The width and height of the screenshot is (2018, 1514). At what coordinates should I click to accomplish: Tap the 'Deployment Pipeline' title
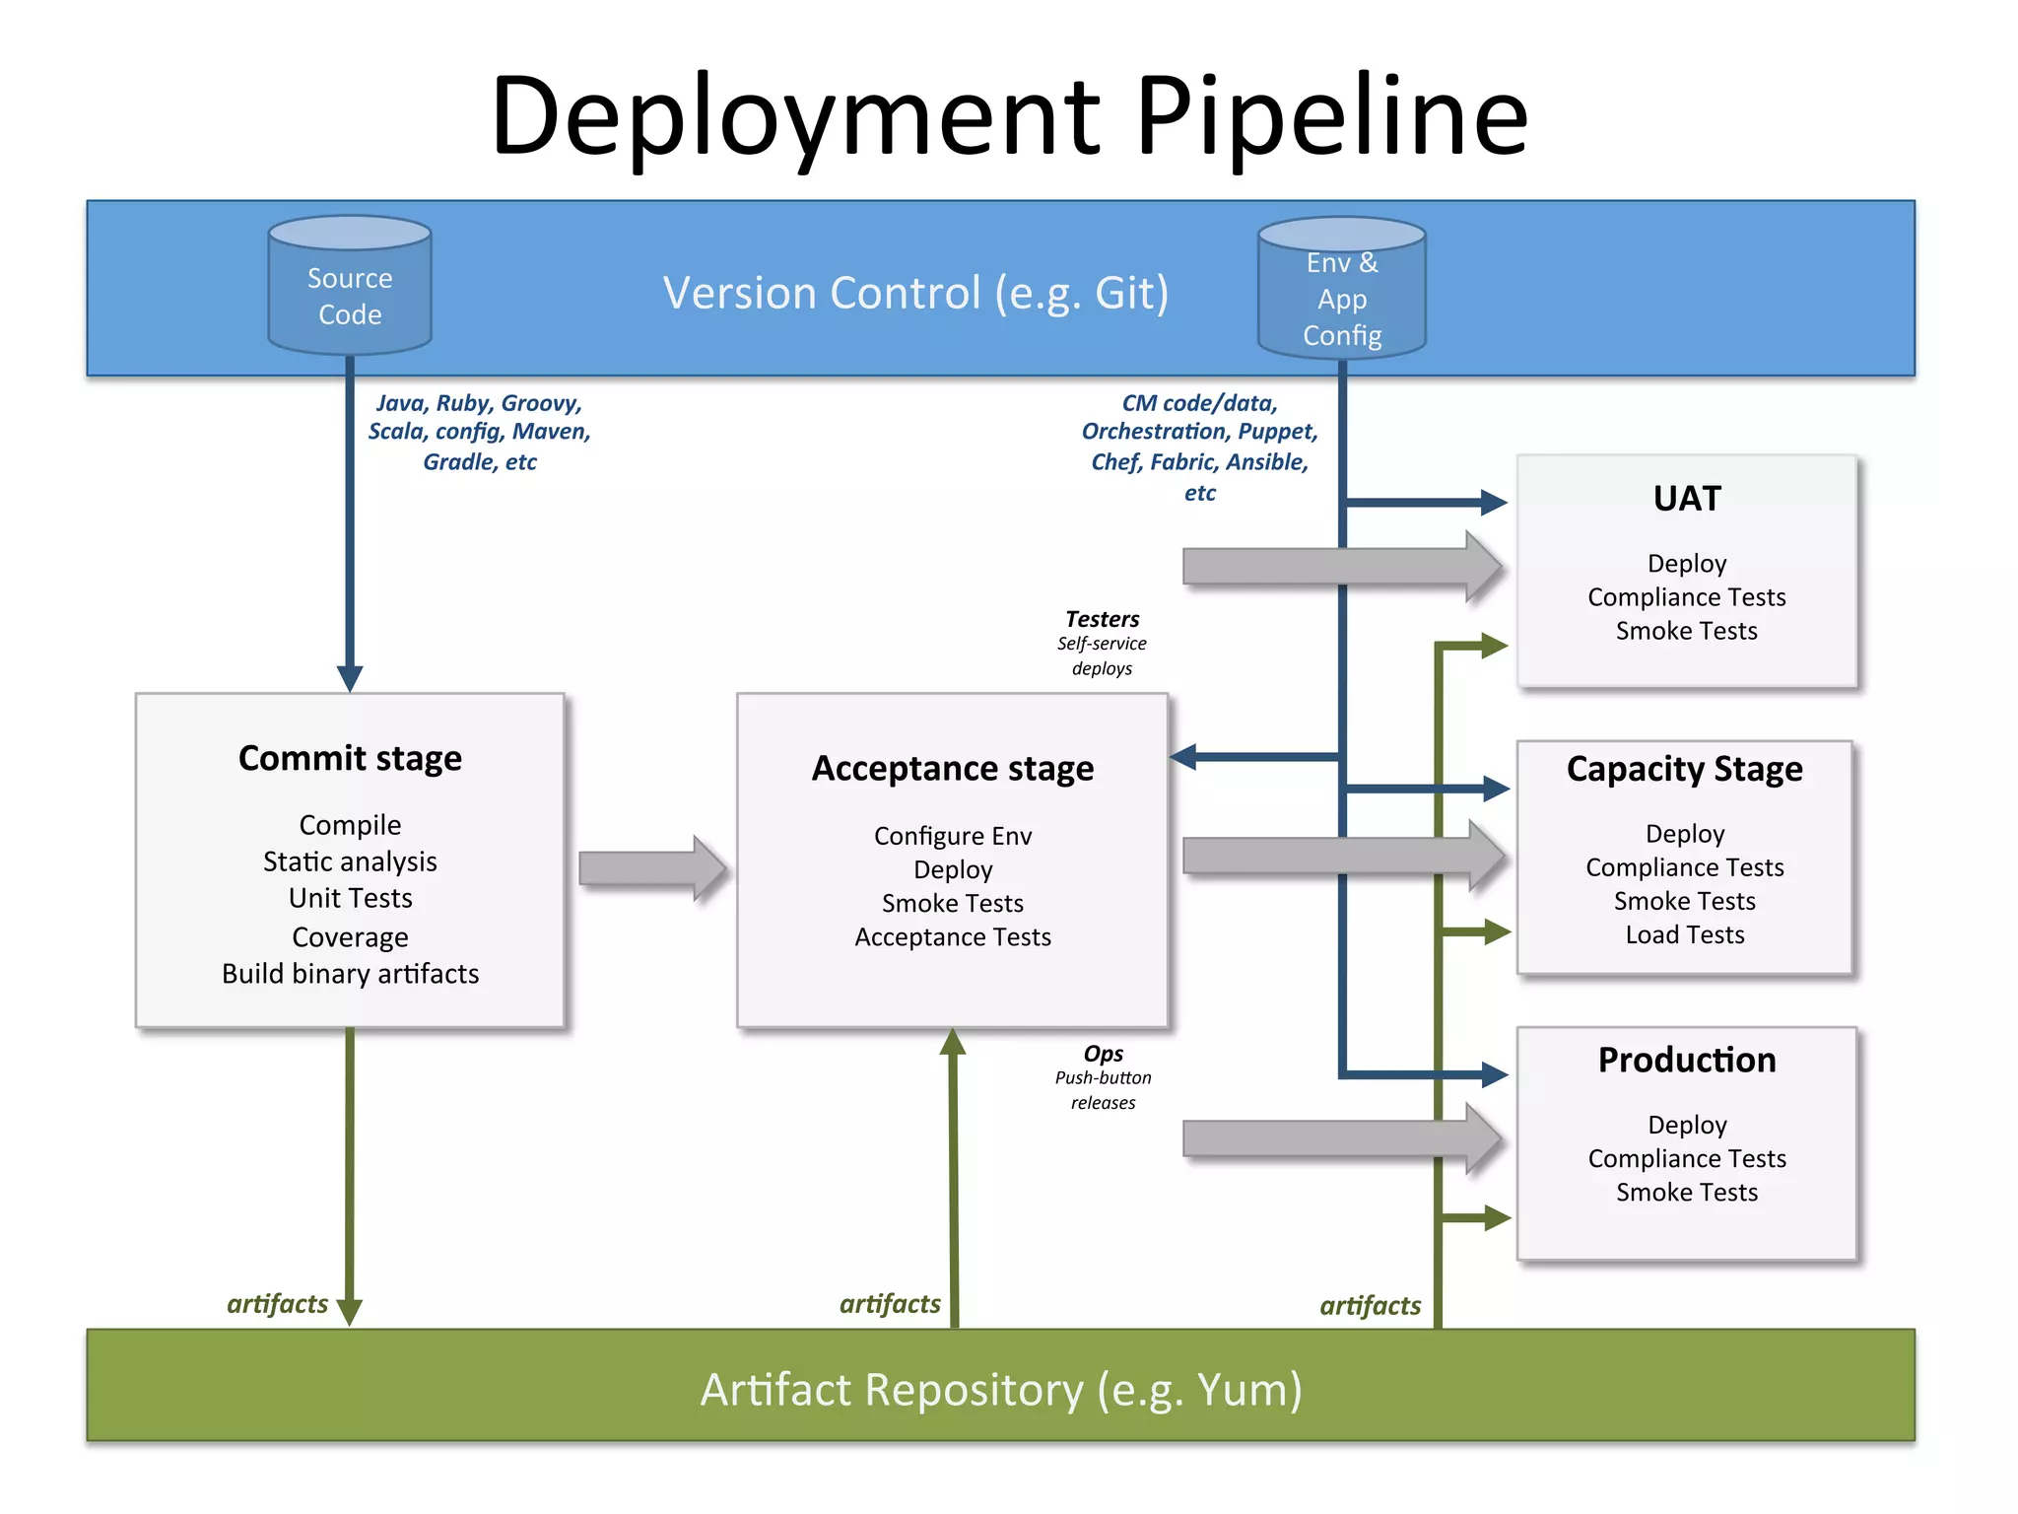[x=1008, y=115]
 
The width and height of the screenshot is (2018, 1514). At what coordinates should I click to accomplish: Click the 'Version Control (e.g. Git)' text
[x=915, y=293]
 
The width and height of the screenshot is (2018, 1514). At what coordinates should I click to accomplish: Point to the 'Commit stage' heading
[x=350, y=758]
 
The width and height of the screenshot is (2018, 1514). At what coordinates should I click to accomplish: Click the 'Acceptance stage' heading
[x=952, y=768]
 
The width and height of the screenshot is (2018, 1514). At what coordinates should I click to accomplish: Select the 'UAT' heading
[x=1686, y=499]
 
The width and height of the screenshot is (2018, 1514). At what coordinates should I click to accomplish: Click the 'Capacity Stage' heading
[x=1684, y=768]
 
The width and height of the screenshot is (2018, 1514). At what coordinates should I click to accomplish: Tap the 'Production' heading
[x=1686, y=1060]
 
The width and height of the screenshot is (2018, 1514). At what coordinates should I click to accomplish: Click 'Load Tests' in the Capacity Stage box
[x=1684, y=934]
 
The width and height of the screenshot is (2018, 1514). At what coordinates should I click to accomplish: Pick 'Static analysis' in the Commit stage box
[x=350, y=861]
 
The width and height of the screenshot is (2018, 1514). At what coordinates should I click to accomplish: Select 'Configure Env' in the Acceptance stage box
[x=952, y=836]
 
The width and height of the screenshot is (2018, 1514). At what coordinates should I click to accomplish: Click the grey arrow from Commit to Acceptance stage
[x=651, y=868]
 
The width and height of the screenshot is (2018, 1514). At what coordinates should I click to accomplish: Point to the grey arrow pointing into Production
[x=1340, y=1138]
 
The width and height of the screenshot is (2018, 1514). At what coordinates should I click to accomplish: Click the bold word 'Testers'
[x=1102, y=619]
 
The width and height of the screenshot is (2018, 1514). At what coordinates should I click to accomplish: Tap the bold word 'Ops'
[x=1103, y=1053]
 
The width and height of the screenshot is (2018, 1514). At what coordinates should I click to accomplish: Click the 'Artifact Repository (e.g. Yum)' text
[x=1000, y=1390]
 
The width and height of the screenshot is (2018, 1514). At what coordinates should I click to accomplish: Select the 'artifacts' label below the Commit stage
[x=277, y=1304]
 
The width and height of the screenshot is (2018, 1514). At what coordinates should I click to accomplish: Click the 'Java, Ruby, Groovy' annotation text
[x=479, y=403]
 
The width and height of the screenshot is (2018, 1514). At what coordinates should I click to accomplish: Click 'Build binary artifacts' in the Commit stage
[x=350, y=974]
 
